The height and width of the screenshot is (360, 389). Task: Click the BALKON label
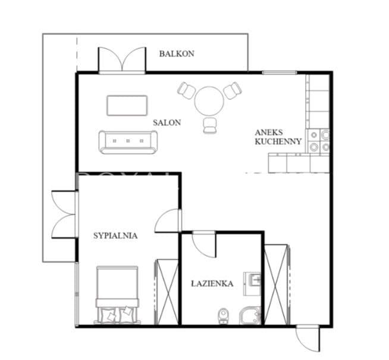pos(177,54)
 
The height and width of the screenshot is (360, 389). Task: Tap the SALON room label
pos(167,122)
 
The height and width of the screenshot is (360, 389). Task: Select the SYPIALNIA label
pos(115,236)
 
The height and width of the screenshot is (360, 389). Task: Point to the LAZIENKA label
pos(212,284)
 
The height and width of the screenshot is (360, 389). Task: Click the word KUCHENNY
pos(278,141)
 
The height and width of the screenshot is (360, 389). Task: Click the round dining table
pos(209,101)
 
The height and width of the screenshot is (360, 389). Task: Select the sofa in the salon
pos(128,142)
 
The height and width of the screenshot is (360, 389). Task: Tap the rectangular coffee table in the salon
pos(127,106)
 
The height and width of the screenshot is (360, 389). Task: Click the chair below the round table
pos(209,125)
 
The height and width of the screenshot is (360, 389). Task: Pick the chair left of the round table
pos(186,90)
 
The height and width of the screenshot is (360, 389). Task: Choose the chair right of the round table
pos(233,90)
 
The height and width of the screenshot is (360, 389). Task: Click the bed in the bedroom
pos(117,295)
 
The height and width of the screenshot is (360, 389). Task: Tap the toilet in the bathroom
pos(223,316)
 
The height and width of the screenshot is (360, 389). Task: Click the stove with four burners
pos(319,141)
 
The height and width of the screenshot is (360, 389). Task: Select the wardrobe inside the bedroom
pos(166,292)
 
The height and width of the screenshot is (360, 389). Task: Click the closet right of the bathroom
pos(277,285)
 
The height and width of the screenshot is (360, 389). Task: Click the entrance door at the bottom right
pos(308,339)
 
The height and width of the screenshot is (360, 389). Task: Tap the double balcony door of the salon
pos(122,61)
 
